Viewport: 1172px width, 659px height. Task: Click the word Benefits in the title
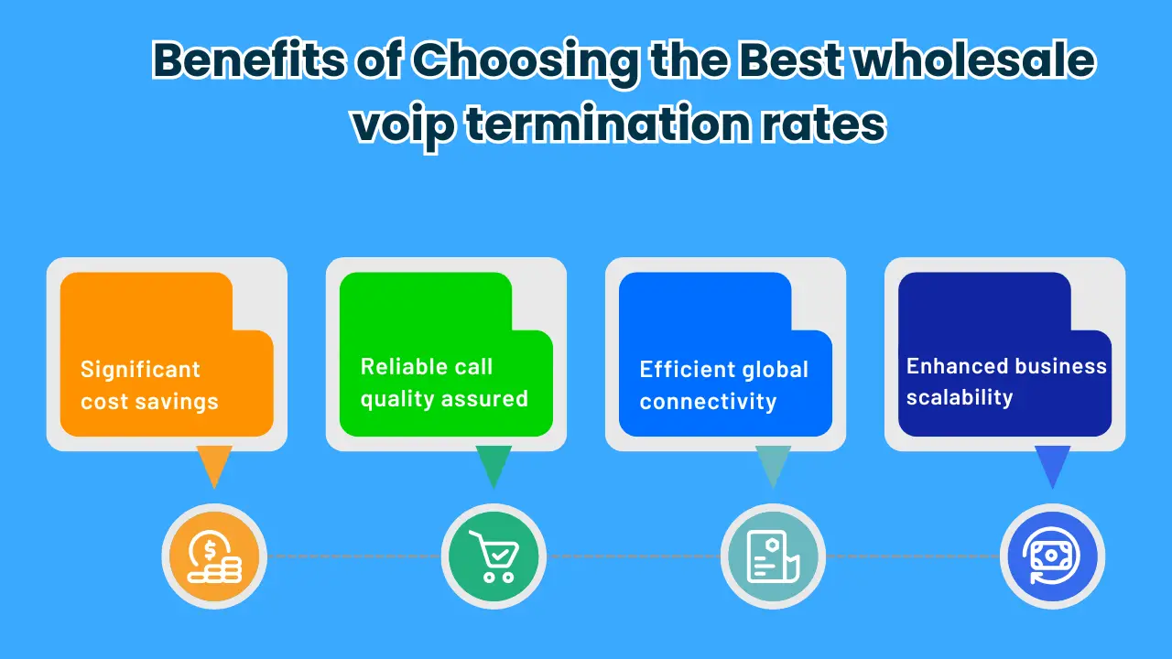click(249, 59)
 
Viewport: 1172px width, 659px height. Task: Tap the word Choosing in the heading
click(526, 63)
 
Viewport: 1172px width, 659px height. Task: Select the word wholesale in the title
click(974, 59)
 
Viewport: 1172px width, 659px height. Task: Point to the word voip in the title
click(404, 125)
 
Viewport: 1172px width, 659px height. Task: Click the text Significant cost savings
click(149, 385)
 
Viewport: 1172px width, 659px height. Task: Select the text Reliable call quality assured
click(444, 383)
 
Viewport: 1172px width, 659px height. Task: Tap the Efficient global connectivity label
click(723, 385)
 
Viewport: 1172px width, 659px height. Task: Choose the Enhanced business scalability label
click(1006, 382)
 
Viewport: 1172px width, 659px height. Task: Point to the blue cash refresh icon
click(1052, 556)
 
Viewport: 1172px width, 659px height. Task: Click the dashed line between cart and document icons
click(634, 556)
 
